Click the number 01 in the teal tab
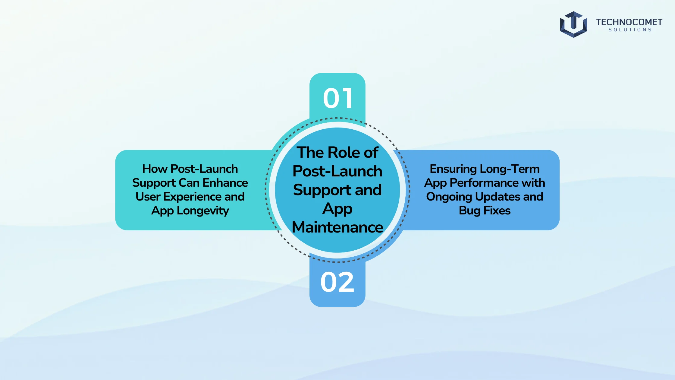click(337, 98)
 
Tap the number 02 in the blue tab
click(337, 282)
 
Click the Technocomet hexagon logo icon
click(573, 24)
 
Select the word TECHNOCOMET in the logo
click(629, 22)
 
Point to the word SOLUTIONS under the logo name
click(630, 30)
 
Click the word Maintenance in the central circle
click(337, 227)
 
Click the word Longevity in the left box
click(203, 211)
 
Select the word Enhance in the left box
click(225, 183)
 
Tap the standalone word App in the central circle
click(337, 209)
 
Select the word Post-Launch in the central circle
click(337, 171)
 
